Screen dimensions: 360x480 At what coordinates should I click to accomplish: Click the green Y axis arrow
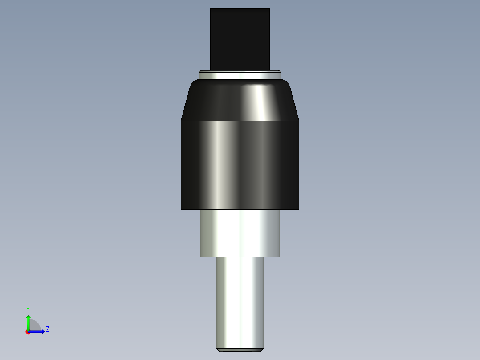(28, 321)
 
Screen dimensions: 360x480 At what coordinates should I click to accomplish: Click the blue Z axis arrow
(38, 331)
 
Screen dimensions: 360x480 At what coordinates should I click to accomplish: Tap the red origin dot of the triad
(28, 332)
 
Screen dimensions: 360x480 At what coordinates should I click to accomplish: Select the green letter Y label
(28, 310)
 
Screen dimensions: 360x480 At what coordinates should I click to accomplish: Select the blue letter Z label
(47, 329)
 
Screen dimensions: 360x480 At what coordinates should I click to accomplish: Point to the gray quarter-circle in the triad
(34, 326)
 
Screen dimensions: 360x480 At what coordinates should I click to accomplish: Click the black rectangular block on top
(240, 42)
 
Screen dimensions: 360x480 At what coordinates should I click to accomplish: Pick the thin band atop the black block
(240, 11)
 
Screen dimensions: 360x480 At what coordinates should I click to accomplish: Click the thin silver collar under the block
(240, 75)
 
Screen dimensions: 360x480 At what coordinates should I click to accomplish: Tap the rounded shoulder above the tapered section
(240, 83)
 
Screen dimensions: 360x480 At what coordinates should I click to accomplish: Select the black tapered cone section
(240, 103)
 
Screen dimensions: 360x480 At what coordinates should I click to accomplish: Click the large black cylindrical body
(240, 165)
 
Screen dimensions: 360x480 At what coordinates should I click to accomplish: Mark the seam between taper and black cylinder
(240, 121)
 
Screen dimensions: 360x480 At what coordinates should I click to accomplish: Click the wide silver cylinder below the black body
(240, 233)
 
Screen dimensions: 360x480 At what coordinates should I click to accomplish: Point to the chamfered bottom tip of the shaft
(240, 350)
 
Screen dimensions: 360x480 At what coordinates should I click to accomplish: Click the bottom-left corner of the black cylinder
(182, 209)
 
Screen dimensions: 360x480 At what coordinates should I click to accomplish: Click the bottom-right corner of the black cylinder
(298, 209)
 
